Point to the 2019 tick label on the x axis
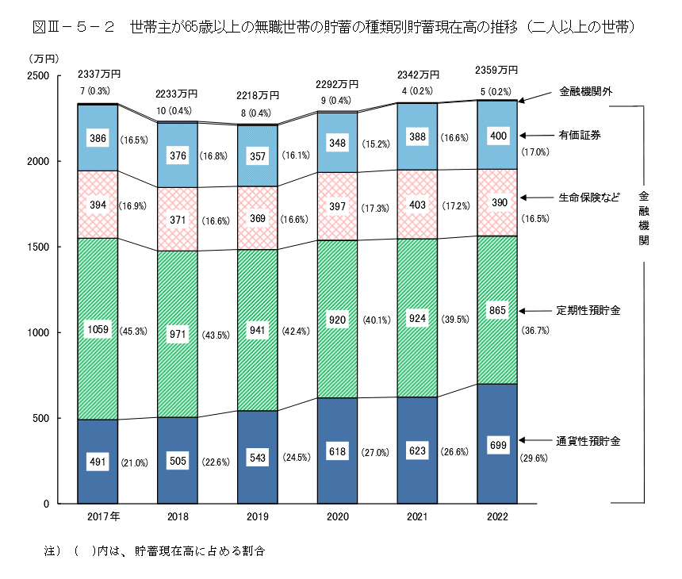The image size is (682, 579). click(x=258, y=516)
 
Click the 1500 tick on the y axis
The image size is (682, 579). click(x=39, y=247)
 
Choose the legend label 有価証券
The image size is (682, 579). click(x=579, y=136)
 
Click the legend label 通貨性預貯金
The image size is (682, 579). click(x=588, y=440)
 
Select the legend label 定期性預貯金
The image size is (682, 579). click(x=588, y=310)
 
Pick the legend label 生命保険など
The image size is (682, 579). click(x=588, y=197)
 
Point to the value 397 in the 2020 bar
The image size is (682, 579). click(x=337, y=207)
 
